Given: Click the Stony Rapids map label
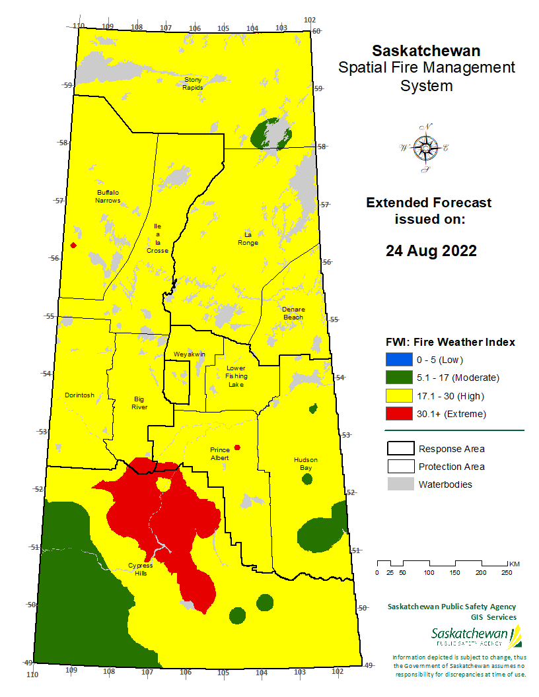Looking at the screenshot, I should point(193,83).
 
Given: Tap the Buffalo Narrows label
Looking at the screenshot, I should point(108,196).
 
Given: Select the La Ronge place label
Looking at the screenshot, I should point(248,238).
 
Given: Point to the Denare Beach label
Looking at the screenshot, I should point(293,313).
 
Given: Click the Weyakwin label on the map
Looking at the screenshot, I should point(190,354).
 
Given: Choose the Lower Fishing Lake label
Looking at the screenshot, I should point(236,376).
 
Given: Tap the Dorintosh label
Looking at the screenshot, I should point(79,395).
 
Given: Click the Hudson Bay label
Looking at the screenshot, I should point(306,463).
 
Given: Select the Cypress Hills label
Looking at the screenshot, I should point(140,569).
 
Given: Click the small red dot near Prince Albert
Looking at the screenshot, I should point(237,448).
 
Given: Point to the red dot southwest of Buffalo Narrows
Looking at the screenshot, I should point(73,246).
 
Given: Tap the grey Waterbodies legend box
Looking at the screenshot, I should point(399,484).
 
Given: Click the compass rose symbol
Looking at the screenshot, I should point(424,148).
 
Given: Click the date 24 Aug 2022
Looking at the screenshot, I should point(431,251).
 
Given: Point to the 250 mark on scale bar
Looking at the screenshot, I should point(506,572).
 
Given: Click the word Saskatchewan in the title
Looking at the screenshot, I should point(426,51).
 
